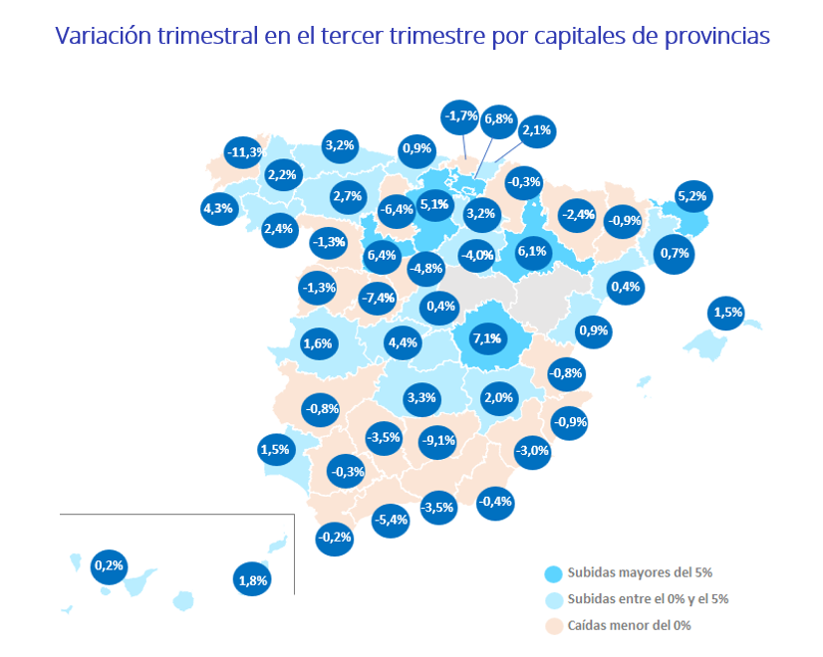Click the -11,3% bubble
[244, 152]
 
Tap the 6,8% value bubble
[498, 119]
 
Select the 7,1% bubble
[487, 339]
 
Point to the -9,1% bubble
[438, 439]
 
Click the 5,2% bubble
[691, 196]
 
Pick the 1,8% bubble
[253, 578]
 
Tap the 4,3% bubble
[217, 209]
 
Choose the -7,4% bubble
[379, 298]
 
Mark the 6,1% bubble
[532, 252]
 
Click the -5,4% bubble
[392, 520]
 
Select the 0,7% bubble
[675, 254]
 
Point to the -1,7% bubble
[460, 116]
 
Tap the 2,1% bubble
[537, 130]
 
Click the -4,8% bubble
[425, 268]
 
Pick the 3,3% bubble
[421, 399]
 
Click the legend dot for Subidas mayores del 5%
[553, 573]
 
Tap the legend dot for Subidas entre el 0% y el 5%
[553, 600]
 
